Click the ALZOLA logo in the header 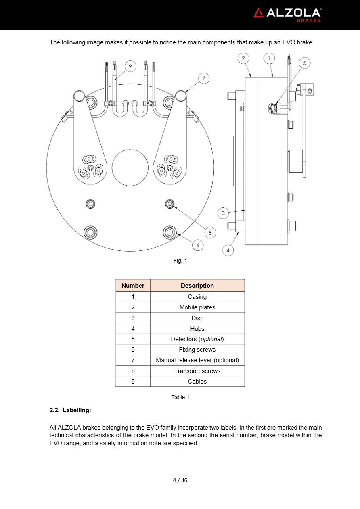(287, 15)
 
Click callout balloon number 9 (130, 66)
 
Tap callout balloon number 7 (204, 78)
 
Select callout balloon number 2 (243, 58)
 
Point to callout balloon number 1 (269, 58)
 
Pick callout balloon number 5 (305, 63)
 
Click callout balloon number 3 (223, 213)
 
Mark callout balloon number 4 (228, 250)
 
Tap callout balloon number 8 (210, 232)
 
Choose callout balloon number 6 (197, 245)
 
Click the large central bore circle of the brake (130, 168)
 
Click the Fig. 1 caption (180, 261)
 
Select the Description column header (197, 286)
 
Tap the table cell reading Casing (197, 297)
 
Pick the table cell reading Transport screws (197, 371)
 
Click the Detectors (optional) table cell (197, 339)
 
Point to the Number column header (133, 286)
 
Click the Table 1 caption (180, 397)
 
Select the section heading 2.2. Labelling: (70, 410)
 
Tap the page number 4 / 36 (180, 480)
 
